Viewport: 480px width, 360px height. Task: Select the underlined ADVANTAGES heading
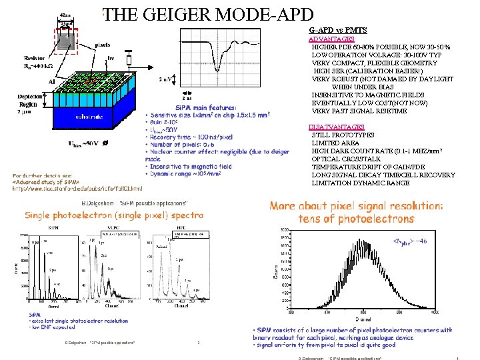(x=327, y=39)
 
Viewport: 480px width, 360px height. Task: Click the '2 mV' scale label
(x=163, y=81)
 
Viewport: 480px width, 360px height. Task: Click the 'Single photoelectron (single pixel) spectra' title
(x=114, y=215)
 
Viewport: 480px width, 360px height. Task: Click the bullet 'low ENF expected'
(x=53, y=327)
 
